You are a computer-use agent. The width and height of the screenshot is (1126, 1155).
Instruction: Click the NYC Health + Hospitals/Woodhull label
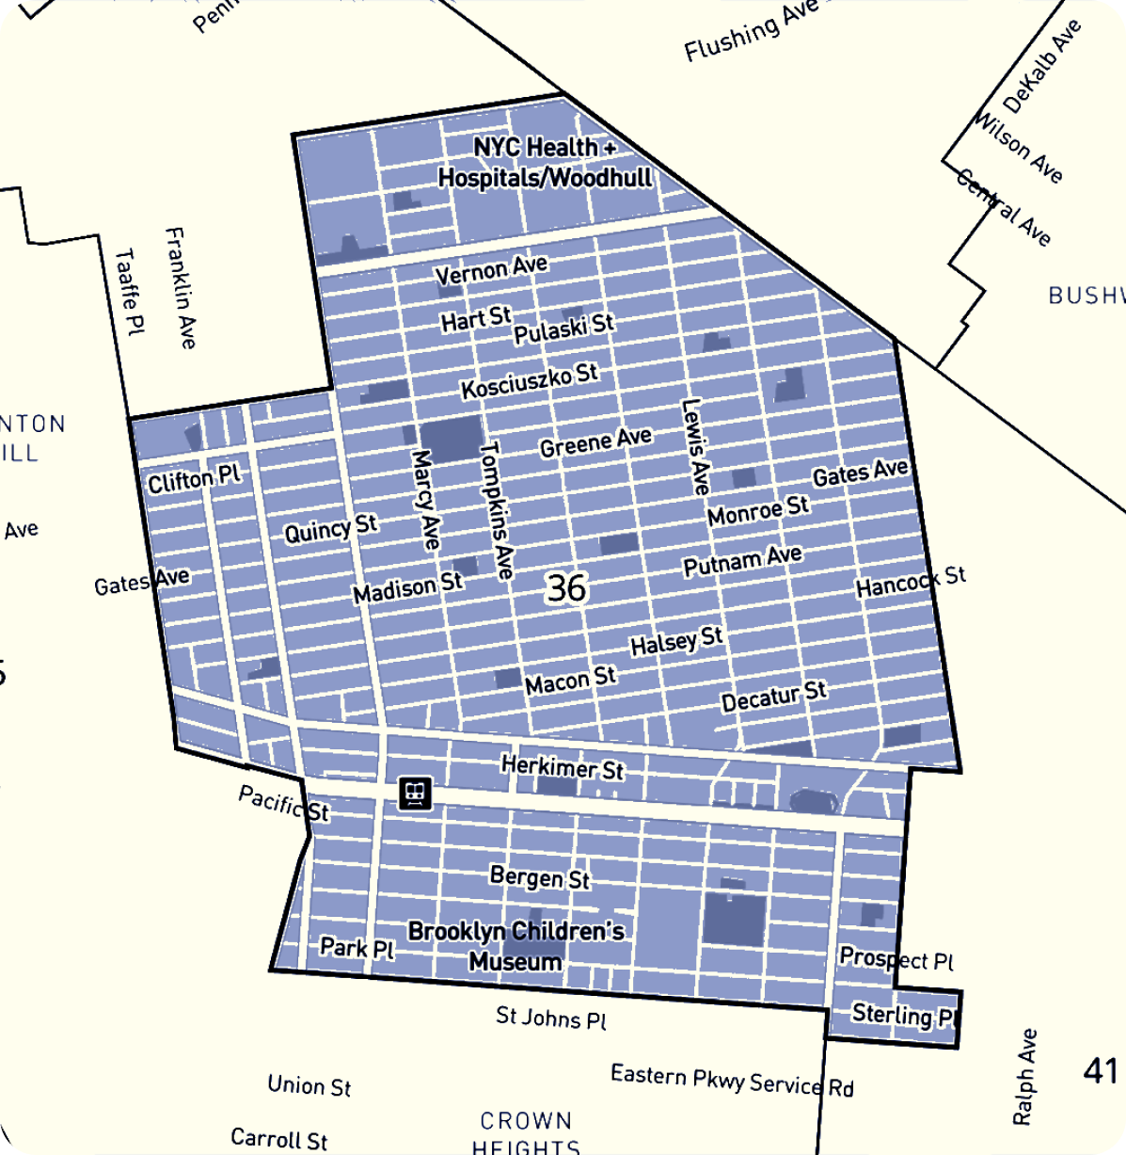(x=545, y=163)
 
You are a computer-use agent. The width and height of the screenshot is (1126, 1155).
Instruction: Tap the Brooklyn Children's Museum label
(x=515, y=946)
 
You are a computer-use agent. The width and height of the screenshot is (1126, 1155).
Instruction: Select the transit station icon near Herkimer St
(x=415, y=794)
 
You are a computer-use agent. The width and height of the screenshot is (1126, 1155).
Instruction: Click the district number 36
(x=566, y=588)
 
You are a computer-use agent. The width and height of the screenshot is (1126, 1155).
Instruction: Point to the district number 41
(x=1100, y=1070)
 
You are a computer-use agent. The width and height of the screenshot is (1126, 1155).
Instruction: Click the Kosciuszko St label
(x=529, y=381)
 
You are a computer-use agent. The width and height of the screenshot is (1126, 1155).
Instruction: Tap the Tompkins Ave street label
(x=497, y=510)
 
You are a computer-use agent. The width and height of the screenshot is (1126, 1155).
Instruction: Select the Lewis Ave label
(x=695, y=447)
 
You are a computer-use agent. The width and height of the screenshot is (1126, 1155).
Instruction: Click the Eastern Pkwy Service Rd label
(x=732, y=1081)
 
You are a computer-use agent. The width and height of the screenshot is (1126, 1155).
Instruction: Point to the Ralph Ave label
(x=1024, y=1076)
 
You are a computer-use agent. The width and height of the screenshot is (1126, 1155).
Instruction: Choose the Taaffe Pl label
(x=130, y=292)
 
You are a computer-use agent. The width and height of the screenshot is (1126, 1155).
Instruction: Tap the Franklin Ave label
(x=180, y=287)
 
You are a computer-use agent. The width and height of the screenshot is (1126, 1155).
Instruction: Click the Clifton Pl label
(x=194, y=479)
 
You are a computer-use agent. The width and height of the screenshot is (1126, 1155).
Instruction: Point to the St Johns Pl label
(x=551, y=1018)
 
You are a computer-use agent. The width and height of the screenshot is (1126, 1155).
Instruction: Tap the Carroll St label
(x=279, y=1139)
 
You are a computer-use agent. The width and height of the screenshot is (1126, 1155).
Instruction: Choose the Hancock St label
(x=910, y=583)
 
